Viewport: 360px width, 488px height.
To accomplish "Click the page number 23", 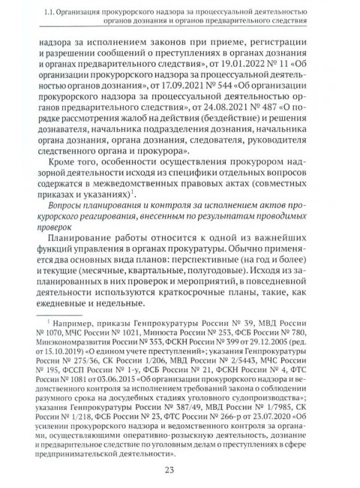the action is point(179,470).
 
